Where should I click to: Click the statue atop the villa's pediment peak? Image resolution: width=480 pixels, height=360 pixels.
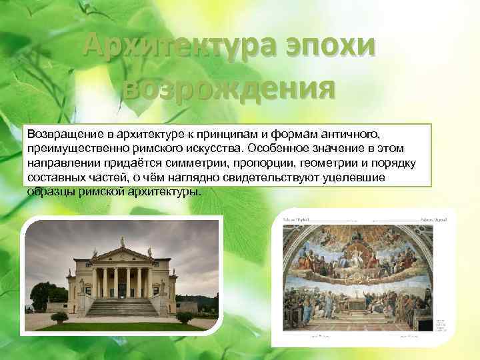coord(121,241)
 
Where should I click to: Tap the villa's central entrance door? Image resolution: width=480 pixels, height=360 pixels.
coord(122,290)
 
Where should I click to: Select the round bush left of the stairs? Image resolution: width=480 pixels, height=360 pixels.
coord(59,317)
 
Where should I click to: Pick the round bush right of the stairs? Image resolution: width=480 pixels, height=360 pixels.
coord(184,317)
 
